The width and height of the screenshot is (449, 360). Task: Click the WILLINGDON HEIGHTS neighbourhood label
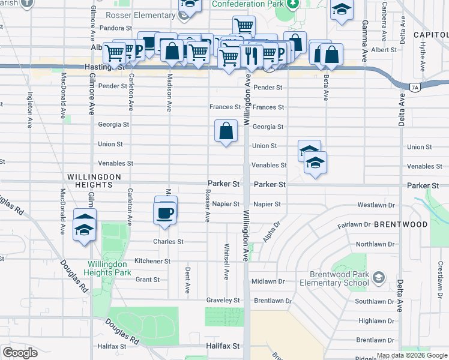(94, 177)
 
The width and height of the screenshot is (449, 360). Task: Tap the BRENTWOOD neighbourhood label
(401, 224)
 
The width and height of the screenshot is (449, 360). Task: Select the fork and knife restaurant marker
(251, 57)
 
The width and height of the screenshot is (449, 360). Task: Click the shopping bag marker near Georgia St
(226, 130)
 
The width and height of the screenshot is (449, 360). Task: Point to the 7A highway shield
(415, 88)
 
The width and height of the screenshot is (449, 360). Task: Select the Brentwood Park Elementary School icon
(378, 277)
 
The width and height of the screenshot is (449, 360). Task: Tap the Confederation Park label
(247, 4)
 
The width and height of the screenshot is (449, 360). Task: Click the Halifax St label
(223, 346)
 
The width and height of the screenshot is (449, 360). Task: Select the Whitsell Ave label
(226, 262)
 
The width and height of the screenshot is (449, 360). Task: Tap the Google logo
(20, 353)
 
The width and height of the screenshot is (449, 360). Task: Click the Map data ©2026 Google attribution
(412, 356)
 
